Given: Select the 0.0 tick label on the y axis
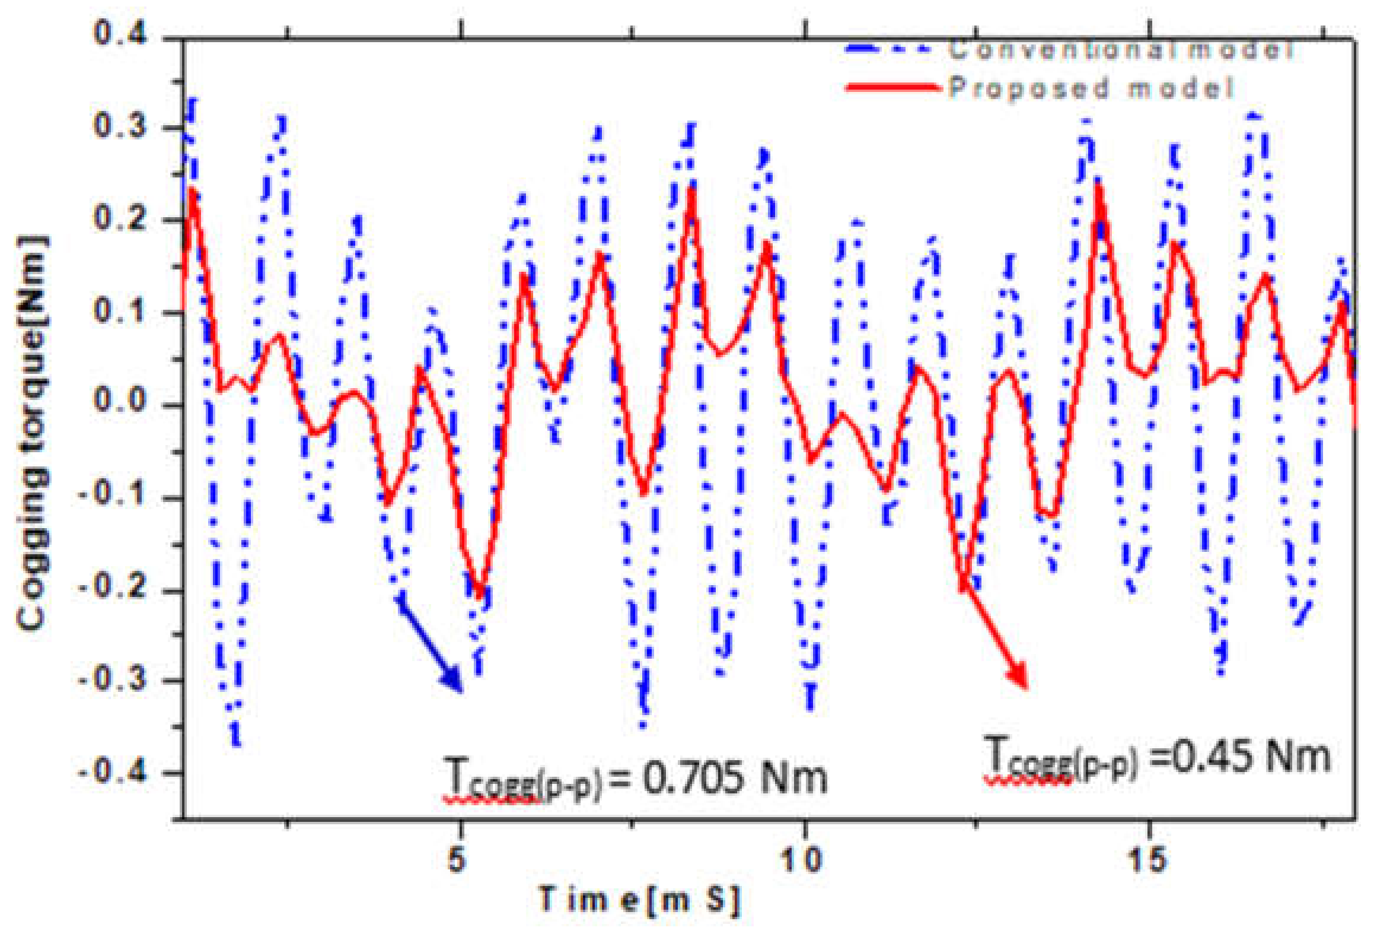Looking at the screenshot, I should [120, 401].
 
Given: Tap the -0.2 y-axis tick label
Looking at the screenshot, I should [112, 587].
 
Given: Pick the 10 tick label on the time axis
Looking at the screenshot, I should [801, 859].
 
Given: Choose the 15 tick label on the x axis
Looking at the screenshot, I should [1147, 859].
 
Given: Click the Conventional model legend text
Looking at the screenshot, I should [1121, 49].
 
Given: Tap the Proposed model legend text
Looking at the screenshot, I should [1091, 88].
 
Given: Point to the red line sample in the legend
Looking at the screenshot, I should [893, 88].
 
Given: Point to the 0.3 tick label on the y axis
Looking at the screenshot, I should [120, 126].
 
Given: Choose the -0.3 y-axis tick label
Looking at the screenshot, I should [112, 679].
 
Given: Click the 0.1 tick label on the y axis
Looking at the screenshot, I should [120, 310].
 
